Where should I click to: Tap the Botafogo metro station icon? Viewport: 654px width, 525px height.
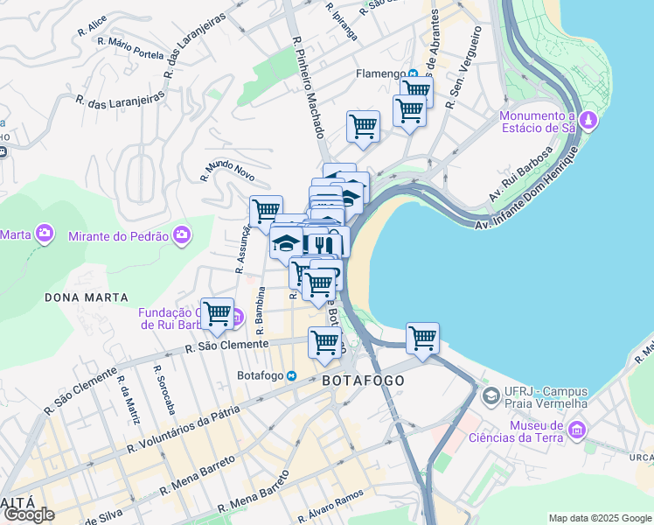point(293,375)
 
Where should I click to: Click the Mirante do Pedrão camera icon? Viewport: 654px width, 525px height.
point(181,234)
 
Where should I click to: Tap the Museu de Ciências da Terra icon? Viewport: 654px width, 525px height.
point(576,429)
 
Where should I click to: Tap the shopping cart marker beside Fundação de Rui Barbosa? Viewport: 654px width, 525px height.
point(217,314)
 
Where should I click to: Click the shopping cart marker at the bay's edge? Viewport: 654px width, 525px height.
point(422,338)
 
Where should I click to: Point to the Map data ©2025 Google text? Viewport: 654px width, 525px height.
point(600,518)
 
